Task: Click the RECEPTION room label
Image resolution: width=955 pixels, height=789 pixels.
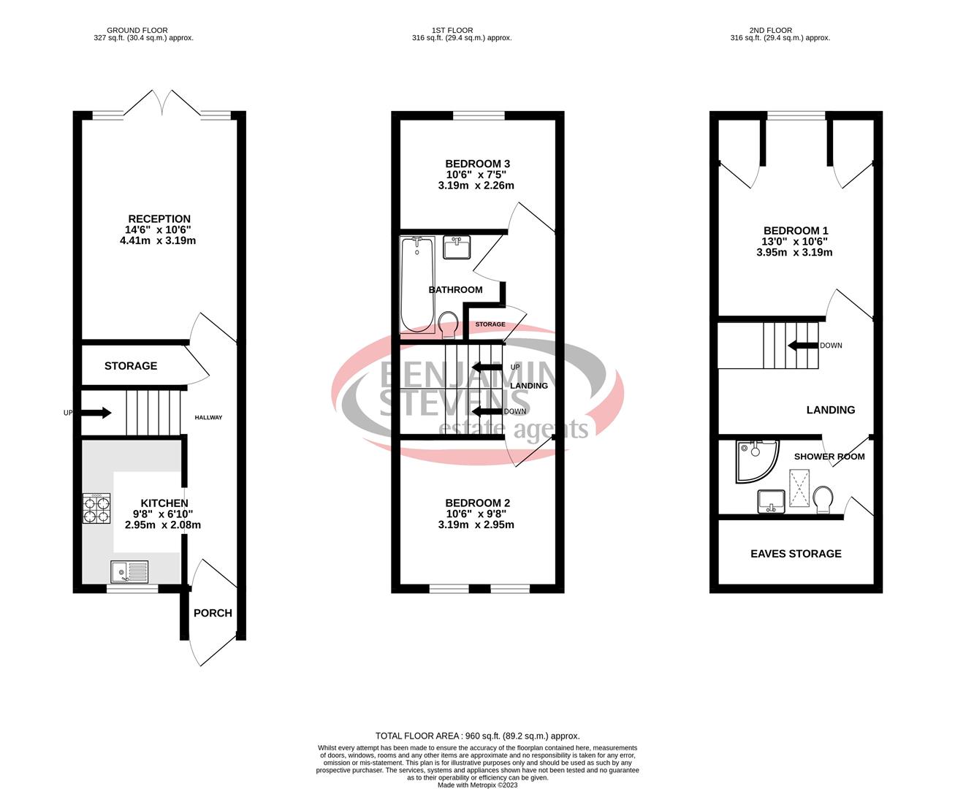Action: [x=159, y=218]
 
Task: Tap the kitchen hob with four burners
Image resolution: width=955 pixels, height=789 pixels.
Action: [x=96, y=508]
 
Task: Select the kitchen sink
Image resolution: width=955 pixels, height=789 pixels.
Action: [x=129, y=571]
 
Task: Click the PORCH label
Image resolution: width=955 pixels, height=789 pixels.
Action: [x=213, y=613]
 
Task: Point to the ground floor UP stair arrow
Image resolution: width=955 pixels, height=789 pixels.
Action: [x=95, y=413]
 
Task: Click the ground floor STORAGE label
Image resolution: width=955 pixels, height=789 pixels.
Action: [x=131, y=365]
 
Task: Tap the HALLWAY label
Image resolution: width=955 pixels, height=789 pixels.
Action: [x=208, y=417]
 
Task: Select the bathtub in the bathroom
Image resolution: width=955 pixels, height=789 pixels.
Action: [x=417, y=284]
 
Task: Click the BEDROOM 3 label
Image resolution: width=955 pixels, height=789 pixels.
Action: [x=477, y=164]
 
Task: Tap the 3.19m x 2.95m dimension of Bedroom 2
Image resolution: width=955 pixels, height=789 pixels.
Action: [x=476, y=525]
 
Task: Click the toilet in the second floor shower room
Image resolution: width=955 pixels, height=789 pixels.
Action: [x=823, y=500]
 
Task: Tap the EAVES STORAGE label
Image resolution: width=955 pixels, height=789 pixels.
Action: [x=796, y=554]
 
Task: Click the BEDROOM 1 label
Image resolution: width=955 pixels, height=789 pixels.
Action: [x=796, y=230]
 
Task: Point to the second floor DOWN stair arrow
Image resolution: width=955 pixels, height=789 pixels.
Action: [x=802, y=346]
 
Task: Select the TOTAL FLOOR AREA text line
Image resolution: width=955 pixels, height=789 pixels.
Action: [x=477, y=736]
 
